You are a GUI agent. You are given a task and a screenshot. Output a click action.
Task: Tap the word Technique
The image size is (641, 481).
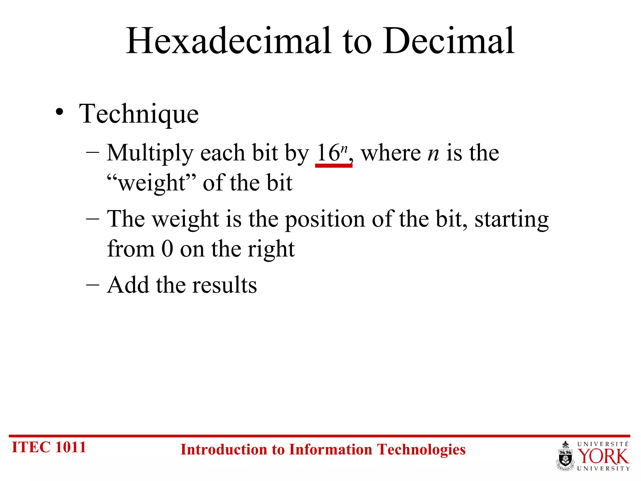[139, 114]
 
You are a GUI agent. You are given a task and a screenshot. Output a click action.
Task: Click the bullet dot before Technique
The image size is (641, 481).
[59, 112]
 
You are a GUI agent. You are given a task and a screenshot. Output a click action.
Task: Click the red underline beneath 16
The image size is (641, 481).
[334, 165]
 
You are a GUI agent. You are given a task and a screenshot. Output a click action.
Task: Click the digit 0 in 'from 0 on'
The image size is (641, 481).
[167, 249]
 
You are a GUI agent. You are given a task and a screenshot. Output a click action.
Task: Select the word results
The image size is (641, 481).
[224, 285]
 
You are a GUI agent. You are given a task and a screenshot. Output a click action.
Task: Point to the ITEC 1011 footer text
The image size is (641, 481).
[49, 447]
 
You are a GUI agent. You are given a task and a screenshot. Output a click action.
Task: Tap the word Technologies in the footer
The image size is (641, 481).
[421, 450]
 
